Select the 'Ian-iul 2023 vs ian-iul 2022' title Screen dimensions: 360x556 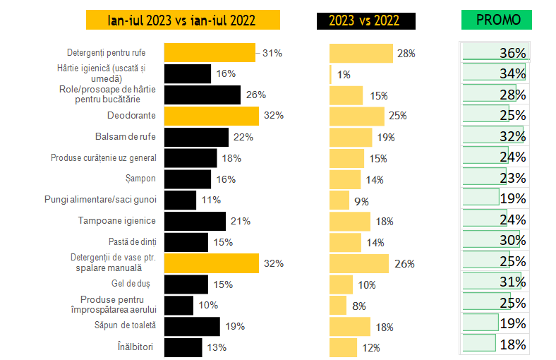point(183,20)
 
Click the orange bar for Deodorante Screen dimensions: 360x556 point(211,116)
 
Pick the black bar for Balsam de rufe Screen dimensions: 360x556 point(195,137)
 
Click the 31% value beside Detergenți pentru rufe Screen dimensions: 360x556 point(272,53)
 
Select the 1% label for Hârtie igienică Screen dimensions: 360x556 point(344,75)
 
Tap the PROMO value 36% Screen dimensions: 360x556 point(512,53)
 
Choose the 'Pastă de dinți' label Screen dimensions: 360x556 point(132,242)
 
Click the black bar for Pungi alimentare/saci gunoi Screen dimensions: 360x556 point(180,200)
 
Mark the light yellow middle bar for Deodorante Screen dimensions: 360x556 point(356,116)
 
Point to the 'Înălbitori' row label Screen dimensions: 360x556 point(137,347)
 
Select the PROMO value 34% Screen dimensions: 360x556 point(512,73)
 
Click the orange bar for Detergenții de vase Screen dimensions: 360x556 point(211,263)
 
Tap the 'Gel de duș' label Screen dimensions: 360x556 point(137,284)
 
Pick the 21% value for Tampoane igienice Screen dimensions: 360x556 point(241,222)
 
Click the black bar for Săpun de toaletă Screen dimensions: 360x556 point(192,325)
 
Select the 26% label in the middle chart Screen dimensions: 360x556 point(404,264)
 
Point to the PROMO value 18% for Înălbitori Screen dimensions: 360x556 point(512,344)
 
